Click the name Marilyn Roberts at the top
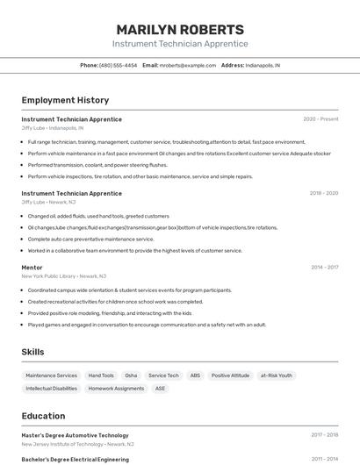pyautogui.click(x=180, y=29)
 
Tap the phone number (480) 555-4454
pyautogui.click(x=118, y=65)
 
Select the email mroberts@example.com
pyautogui.click(x=187, y=65)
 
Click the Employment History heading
pyautogui.click(x=65, y=100)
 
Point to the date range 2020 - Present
pyautogui.click(x=320, y=119)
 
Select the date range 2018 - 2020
pyautogui.click(x=323, y=193)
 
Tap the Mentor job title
pyautogui.click(x=32, y=267)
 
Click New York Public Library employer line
pyautogui.click(x=63, y=275)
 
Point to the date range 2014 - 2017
pyautogui.click(x=324, y=267)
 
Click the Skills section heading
pyautogui.click(x=32, y=352)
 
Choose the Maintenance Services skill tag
pyautogui.click(x=51, y=376)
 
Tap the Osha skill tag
pyautogui.click(x=131, y=376)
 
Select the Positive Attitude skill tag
pyautogui.click(x=230, y=376)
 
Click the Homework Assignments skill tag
pyautogui.click(x=116, y=388)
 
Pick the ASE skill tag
pyautogui.click(x=160, y=388)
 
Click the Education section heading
pyautogui.click(x=43, y=416)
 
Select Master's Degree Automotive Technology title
pyautogui.click(x=75, y=435)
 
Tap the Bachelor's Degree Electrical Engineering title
pyautogui.click(x=75, y=459)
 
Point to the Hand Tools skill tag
pyautogui.click(x=101, y=376)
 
